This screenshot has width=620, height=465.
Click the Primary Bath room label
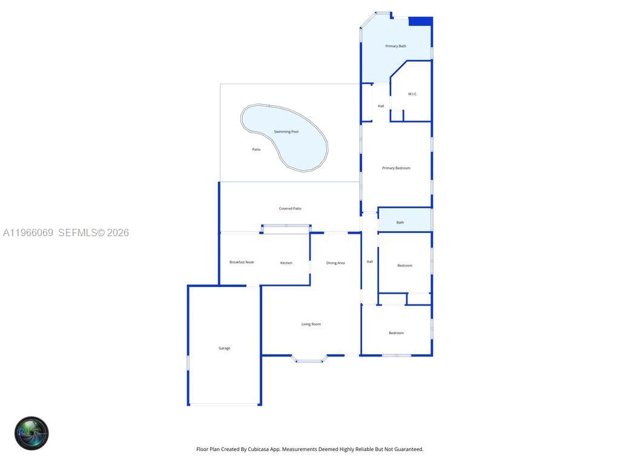click(395, 46)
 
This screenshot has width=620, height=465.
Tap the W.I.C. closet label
click(412, 94)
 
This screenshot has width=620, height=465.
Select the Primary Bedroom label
click(396, 168)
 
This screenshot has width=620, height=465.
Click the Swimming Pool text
click(286, 131)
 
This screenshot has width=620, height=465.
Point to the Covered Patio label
click(290, 208)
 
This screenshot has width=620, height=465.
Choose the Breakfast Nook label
click(242, 262)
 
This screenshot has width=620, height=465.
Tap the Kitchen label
click(286, 263)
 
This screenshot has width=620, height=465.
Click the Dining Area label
click(335, 263)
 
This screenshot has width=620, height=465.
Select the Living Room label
click(311, 324)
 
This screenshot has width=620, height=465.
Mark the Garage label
click(224, 348)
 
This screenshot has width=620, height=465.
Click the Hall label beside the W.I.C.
click(381, 106)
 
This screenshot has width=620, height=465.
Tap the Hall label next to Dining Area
click(369, 262)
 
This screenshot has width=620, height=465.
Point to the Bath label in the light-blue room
click(400, 222)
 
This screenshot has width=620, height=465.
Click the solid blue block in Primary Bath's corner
click(420, 21)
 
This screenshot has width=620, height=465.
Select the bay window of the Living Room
click(309, 360)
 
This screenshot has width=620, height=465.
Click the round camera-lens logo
click(31, 434)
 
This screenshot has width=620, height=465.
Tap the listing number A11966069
click(28, 232)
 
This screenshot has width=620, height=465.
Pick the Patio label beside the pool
click(256, 149)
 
